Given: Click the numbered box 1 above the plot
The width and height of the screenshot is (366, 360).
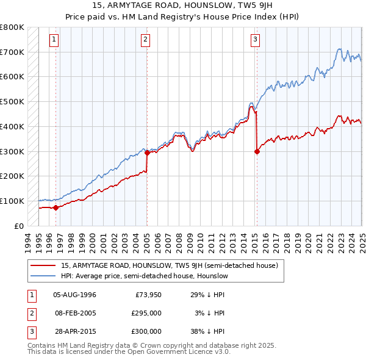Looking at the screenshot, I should click(54, 40).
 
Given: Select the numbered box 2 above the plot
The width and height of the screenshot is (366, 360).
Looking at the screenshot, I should click(146, 40).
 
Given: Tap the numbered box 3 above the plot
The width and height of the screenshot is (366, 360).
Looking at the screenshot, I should click(255, 40).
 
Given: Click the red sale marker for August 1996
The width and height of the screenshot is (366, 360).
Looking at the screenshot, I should click(56, 207).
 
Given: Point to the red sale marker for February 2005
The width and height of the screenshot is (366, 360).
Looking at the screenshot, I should click(147, 153).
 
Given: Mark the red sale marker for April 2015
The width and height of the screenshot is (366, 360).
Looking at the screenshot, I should click(257, 151).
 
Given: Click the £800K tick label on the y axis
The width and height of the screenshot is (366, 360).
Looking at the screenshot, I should click(12, 27).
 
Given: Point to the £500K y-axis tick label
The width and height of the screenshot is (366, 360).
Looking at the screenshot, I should click(12, 102).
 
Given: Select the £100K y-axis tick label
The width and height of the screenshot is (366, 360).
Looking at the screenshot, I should click(12, 201).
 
